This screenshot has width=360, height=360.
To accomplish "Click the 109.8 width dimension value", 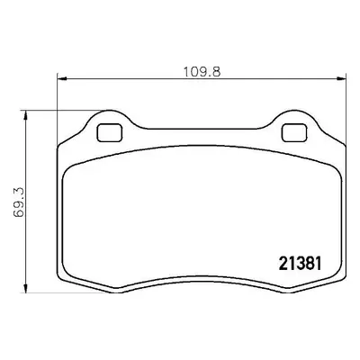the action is pos(202,72).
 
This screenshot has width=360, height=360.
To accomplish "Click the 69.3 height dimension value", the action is pos(19,202).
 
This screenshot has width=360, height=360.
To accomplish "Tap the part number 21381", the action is pos(301,264).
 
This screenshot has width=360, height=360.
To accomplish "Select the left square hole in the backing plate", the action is pos(110,133).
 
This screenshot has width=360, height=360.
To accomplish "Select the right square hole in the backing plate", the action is pos(294,132).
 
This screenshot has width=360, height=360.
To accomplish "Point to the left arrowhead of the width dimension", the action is pos(61,79).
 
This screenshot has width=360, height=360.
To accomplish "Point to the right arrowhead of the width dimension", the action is pos(342,78).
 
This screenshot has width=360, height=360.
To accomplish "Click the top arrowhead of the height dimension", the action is pos(26,115).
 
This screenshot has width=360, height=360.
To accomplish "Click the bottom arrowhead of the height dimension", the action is pos(26,288).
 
